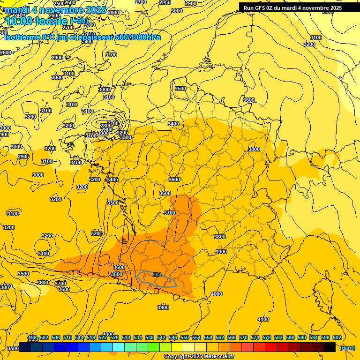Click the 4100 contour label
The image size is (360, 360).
click(x=263, y=319)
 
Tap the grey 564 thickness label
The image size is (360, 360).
click(x=157, y=275)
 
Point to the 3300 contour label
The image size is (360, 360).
click(x=125, y=137)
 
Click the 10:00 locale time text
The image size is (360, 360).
click(x=37, y=21)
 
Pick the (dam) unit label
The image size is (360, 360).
click(x=347, y=348)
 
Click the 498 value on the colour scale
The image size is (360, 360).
click(x=32, y=337)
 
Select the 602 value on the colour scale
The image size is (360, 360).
click(x=337, y=337)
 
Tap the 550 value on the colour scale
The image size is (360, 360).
click(x=185, y=337)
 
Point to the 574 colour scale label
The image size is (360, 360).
click(x=255, y=337)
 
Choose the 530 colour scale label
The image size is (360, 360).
click(x=126, y=337)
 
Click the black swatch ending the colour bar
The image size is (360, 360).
click(x=330, y=347)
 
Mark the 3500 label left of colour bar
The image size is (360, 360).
click(x=13, y=348)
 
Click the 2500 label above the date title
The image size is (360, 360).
click(x=70, y=3)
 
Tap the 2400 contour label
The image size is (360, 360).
click(x=19, y=15)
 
